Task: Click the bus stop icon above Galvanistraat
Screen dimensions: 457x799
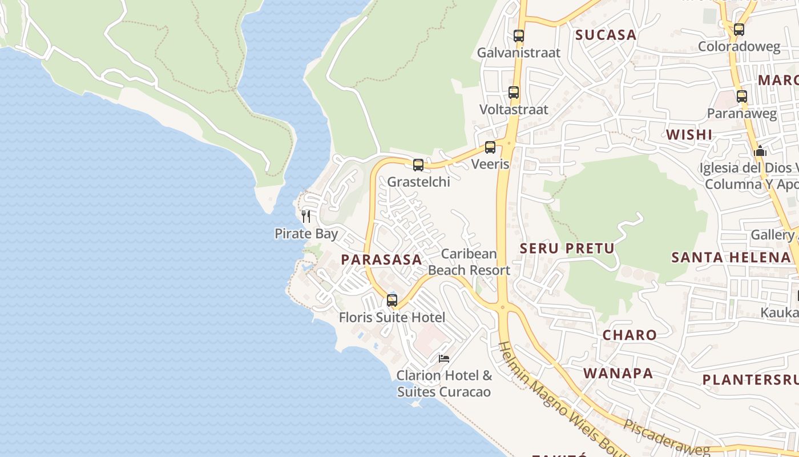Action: click(518, 36)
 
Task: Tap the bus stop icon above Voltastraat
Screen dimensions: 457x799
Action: click(514, 93)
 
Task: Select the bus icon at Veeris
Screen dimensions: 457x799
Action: click(490, 147)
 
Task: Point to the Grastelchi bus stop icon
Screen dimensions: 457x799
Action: click(418, 165)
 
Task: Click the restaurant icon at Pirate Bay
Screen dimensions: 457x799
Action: click(306, 216)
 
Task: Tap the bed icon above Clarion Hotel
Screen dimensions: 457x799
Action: click(444, 358)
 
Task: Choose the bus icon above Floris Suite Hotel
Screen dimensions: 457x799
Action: click(392, 300)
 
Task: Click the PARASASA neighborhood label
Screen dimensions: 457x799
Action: click(381, 259)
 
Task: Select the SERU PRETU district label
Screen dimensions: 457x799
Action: click(567, 248)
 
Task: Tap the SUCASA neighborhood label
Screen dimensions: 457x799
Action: click(606, 35)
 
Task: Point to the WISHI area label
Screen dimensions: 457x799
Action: click(689, 135)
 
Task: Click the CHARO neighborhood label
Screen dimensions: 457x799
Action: click(629, 335)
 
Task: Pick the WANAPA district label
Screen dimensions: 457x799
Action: click(618, 374)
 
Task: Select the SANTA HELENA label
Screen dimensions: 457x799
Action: click(730, 257)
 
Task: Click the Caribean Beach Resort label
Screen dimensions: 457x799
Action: click(469, 262)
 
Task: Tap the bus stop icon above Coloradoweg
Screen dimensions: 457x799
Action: click(739, 30)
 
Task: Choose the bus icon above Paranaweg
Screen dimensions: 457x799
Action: click(742, 97)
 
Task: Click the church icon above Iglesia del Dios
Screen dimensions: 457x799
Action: click(760, 151)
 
